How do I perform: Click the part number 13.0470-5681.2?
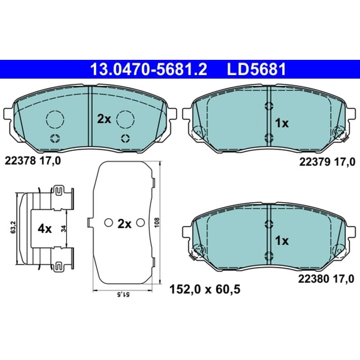coord(149,69)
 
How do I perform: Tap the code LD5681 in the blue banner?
coord(256,69)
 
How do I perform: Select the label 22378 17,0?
coord(33,161)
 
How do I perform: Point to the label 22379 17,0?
coord(327,162)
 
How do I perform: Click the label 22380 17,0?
coord(326,279)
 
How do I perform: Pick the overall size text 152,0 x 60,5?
coord(205,289)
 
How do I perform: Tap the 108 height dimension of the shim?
coord(157,222)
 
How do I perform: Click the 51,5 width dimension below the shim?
coord(123,294)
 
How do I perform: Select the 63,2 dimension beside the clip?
coord(13,227)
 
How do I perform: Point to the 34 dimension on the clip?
coord(63,229)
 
